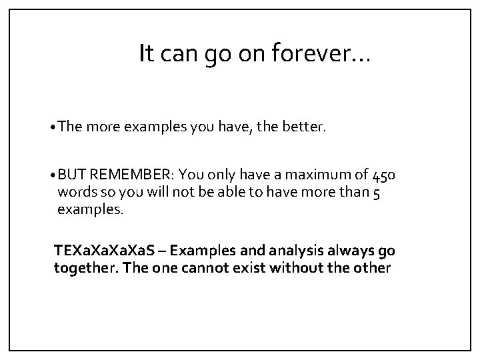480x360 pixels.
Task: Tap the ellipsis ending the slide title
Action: pyautogui.click(x=357, y=59)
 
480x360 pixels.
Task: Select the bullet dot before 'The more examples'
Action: pyautogui.click(x=53, y=127)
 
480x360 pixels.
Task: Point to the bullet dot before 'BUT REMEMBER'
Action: pyautogui.click(x=53, y=176)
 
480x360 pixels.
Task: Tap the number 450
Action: pyautogui.click(x=385, y=176)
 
